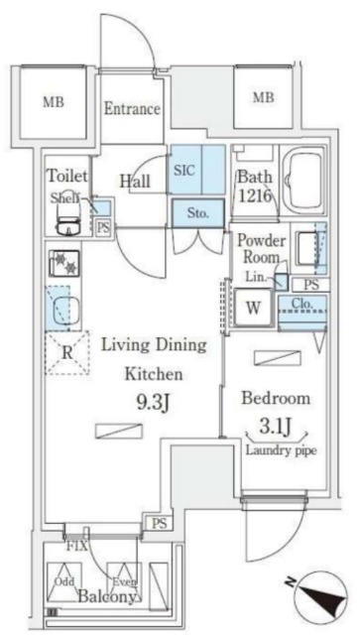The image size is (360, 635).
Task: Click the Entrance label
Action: click(133, 109)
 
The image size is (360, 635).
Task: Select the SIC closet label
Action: click(184, 170)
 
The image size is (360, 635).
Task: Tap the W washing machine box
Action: click(253, 309)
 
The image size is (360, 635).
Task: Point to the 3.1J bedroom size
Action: click(276, 428)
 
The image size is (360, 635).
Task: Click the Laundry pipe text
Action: click(278, 448)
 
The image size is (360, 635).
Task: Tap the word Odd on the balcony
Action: click(63, 581)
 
